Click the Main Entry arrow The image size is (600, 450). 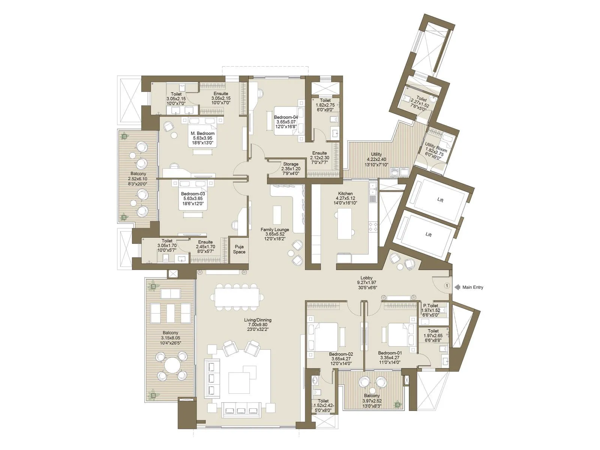coord(457,287)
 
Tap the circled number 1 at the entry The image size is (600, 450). coord(447,286)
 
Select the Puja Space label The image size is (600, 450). coord(239,249)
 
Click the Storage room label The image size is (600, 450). coord(291,164)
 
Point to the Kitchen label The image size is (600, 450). coord(345,193)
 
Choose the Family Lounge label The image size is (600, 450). coord(275,229)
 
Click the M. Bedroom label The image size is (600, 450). coord(202,133)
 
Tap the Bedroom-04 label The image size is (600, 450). coord(286,117)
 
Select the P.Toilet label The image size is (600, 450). coord(430,306)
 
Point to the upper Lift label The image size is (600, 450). coord(440,200)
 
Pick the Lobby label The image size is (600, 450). coord(366,278)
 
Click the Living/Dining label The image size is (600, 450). coord(258,320)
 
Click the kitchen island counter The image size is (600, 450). coord(344,223)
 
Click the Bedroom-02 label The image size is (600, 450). coord(341,354)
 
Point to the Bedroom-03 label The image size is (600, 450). coord(193,194)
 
